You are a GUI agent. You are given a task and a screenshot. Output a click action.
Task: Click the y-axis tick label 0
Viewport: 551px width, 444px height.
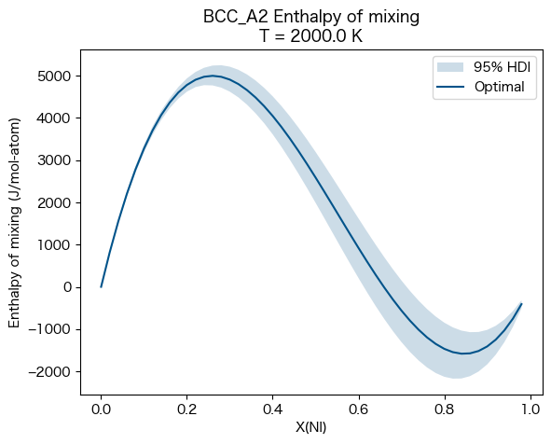click(71, 287)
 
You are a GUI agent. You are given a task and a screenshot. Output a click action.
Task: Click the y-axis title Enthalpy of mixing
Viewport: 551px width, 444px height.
click(15, 224)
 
